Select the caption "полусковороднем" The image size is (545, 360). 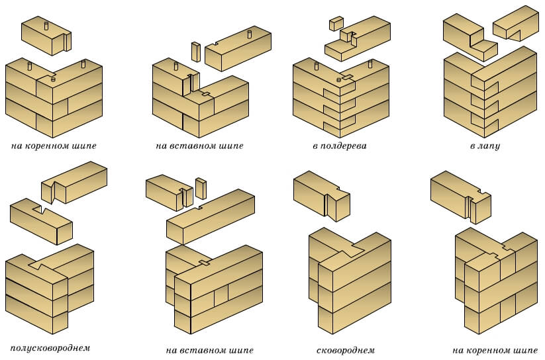click(50, 347)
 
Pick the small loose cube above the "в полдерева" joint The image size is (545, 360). click(335, 24)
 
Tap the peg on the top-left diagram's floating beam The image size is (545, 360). click(46, 25)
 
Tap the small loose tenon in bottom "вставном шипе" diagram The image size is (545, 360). click(200, 188)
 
